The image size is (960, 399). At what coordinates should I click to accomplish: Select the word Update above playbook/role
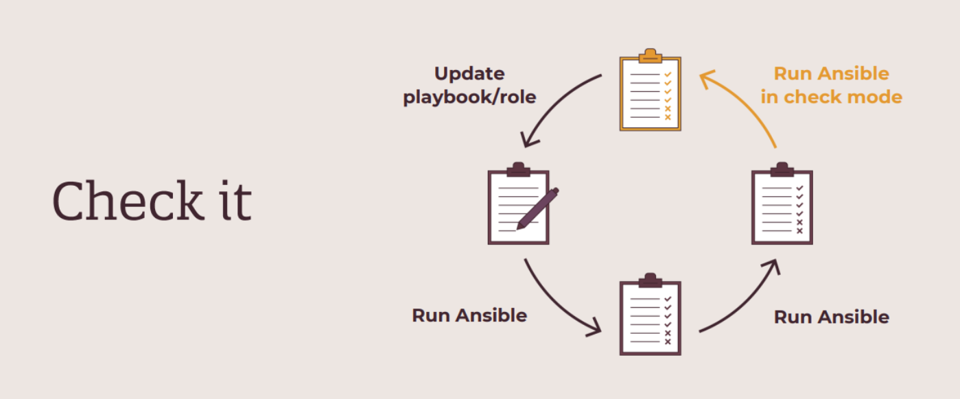pos(469,74)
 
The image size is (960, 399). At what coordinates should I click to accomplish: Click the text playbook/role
pos(469,97)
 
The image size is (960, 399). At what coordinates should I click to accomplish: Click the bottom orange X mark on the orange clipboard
pos(667,117)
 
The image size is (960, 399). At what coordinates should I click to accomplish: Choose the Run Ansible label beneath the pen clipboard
pos(469,315)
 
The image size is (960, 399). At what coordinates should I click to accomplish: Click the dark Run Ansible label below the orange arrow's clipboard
pos(831,317)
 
